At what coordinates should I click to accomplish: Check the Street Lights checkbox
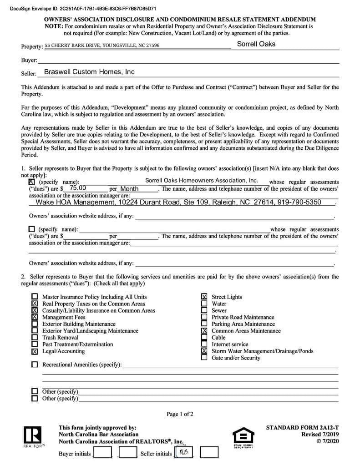(204, 297)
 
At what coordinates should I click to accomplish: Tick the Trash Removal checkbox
(35, 338)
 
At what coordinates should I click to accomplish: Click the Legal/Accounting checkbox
(35, 351)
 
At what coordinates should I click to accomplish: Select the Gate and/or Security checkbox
(204, 358)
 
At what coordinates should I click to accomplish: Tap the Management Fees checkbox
(35, 317)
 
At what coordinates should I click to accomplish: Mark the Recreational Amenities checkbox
(35, 365)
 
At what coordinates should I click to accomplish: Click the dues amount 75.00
(78, 188)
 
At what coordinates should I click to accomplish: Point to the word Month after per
(129, 189)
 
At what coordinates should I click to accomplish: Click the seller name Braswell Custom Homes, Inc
(89, 72)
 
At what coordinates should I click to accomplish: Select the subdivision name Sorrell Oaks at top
(256, 44)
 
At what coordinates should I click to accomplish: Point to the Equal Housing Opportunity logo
(243, 437)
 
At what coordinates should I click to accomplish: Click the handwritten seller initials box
(184, 452)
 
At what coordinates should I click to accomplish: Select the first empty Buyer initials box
(102, 452)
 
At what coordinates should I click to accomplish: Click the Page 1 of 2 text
(180, 414)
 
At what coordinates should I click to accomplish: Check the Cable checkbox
(204, 338)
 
